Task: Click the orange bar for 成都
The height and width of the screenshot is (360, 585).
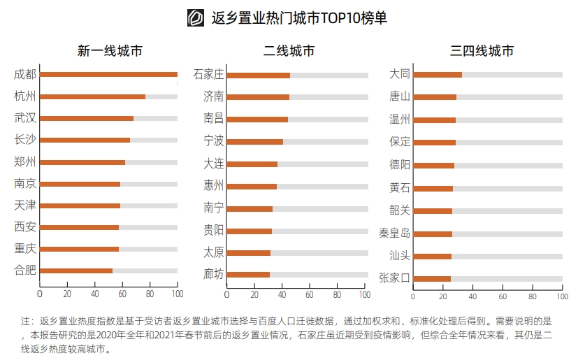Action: pyautogui.click(x=108, y=74)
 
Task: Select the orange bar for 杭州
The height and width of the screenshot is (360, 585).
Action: pyautogui.click(x=92, y=96)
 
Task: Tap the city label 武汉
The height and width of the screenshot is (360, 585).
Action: pyautogui.click(x=25, y=118)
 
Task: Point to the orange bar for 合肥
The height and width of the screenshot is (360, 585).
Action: pyautogui.click(x=76, y=271)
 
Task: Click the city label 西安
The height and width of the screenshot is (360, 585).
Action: pyautogui.click(x=25, y=227)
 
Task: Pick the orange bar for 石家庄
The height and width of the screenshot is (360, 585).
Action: pyautogui.click(x=258, y=75)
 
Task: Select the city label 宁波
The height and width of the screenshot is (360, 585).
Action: pyautogui.click(x=213, y=141)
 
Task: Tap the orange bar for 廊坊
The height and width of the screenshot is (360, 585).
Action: pyautogui.click(x=248, y=275)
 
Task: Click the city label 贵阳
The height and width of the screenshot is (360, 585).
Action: pyautogui.click(x=213, y=230)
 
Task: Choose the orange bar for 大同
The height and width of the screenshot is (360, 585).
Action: pyautogui.click(x=438, y=75)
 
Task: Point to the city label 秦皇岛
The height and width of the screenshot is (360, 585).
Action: pyautogui.click(x=394, y=233)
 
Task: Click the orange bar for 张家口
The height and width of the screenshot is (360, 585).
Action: pyautogui.click(x=432, y=279)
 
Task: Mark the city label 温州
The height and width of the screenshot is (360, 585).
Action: pyautogui.click(x=400, y=119)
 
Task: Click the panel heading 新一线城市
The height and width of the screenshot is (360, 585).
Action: pyautogui.click(x=110, y=51)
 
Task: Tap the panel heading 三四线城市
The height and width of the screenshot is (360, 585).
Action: pyautogui.click(x=482, y=51)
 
